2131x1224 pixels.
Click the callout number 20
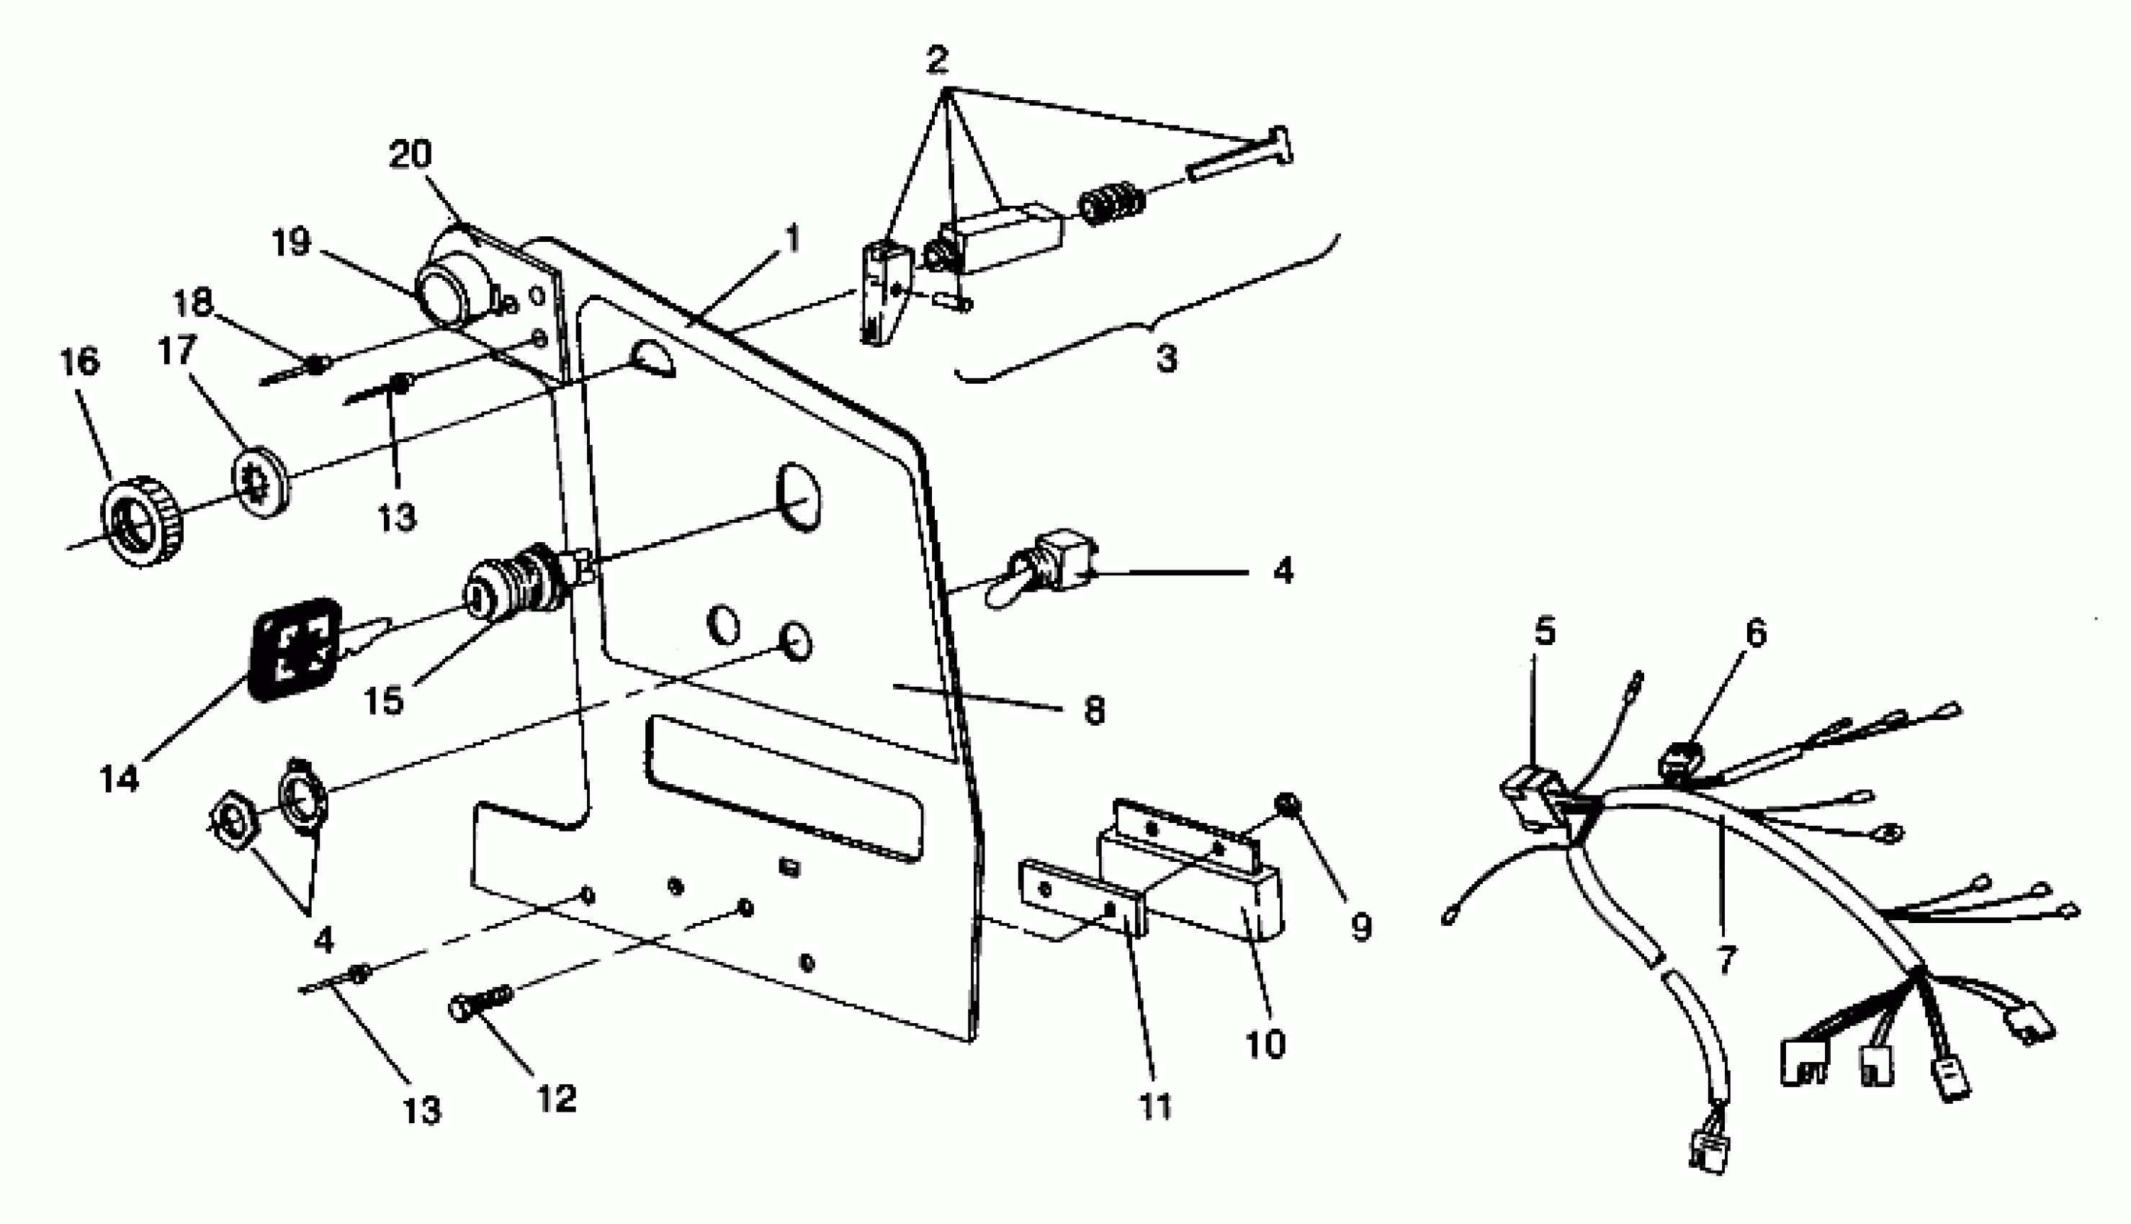tap(411, 155)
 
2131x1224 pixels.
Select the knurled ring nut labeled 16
tap(142, 521)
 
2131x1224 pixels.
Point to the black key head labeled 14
tap(295, 649)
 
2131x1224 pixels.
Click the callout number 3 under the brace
tap(1167, 359)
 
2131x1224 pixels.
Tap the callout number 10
tap(1265, 1045)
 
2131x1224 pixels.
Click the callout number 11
tap(1156, 1107)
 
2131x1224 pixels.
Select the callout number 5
tap(1545, 631)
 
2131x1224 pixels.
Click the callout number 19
tap(292, 243)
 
